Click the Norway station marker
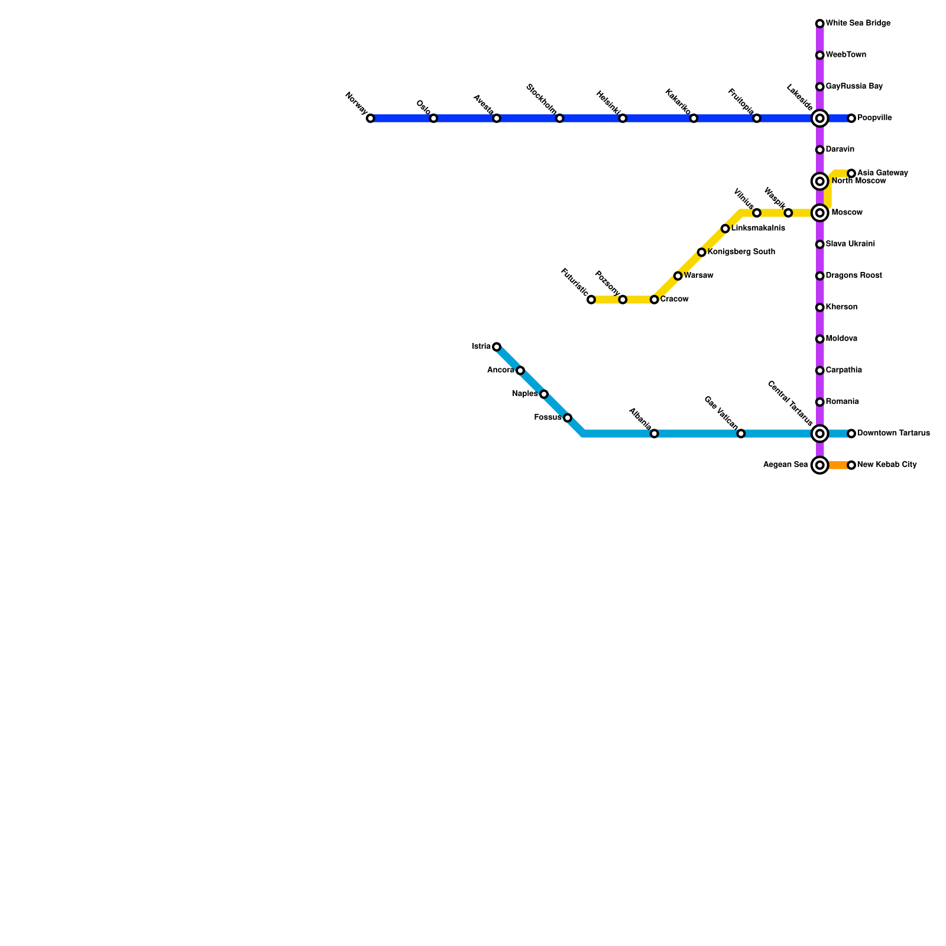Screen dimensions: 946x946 point(370,119)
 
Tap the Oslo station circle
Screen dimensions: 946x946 point(433,119)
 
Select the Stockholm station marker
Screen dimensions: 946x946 point(559,119)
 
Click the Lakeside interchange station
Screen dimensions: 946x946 point(819,119)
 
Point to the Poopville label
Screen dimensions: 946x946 point(874,118)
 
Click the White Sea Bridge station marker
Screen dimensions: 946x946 point(819,24)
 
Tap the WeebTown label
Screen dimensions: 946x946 point(846,55)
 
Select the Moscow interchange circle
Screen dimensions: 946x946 point(819,213)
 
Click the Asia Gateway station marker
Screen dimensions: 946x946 point(851,173)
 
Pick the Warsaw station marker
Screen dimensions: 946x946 point(678,276)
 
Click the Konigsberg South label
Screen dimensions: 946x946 point(741,252)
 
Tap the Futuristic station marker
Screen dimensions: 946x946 point(591,300)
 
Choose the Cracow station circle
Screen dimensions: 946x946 point(654,300)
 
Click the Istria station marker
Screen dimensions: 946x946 point(497,346)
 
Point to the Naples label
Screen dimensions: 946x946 point(525,394)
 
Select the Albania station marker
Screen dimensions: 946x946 point(654,434)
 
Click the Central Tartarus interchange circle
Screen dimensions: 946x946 point(819,434)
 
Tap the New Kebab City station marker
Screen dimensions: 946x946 point(851,465)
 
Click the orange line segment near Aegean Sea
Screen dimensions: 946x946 point(837,465)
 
